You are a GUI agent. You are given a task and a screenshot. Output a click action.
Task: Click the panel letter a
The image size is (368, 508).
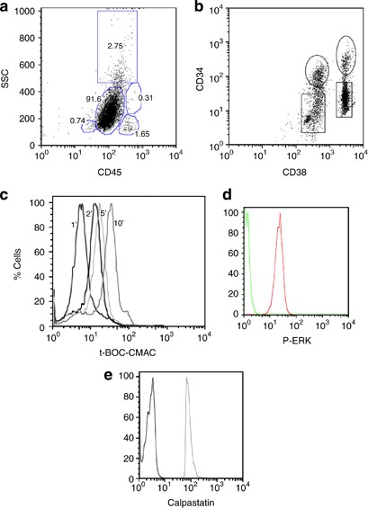click(x=7, y=7)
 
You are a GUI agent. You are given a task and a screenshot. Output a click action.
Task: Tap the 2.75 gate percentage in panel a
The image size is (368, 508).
click(x=114, y=69)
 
